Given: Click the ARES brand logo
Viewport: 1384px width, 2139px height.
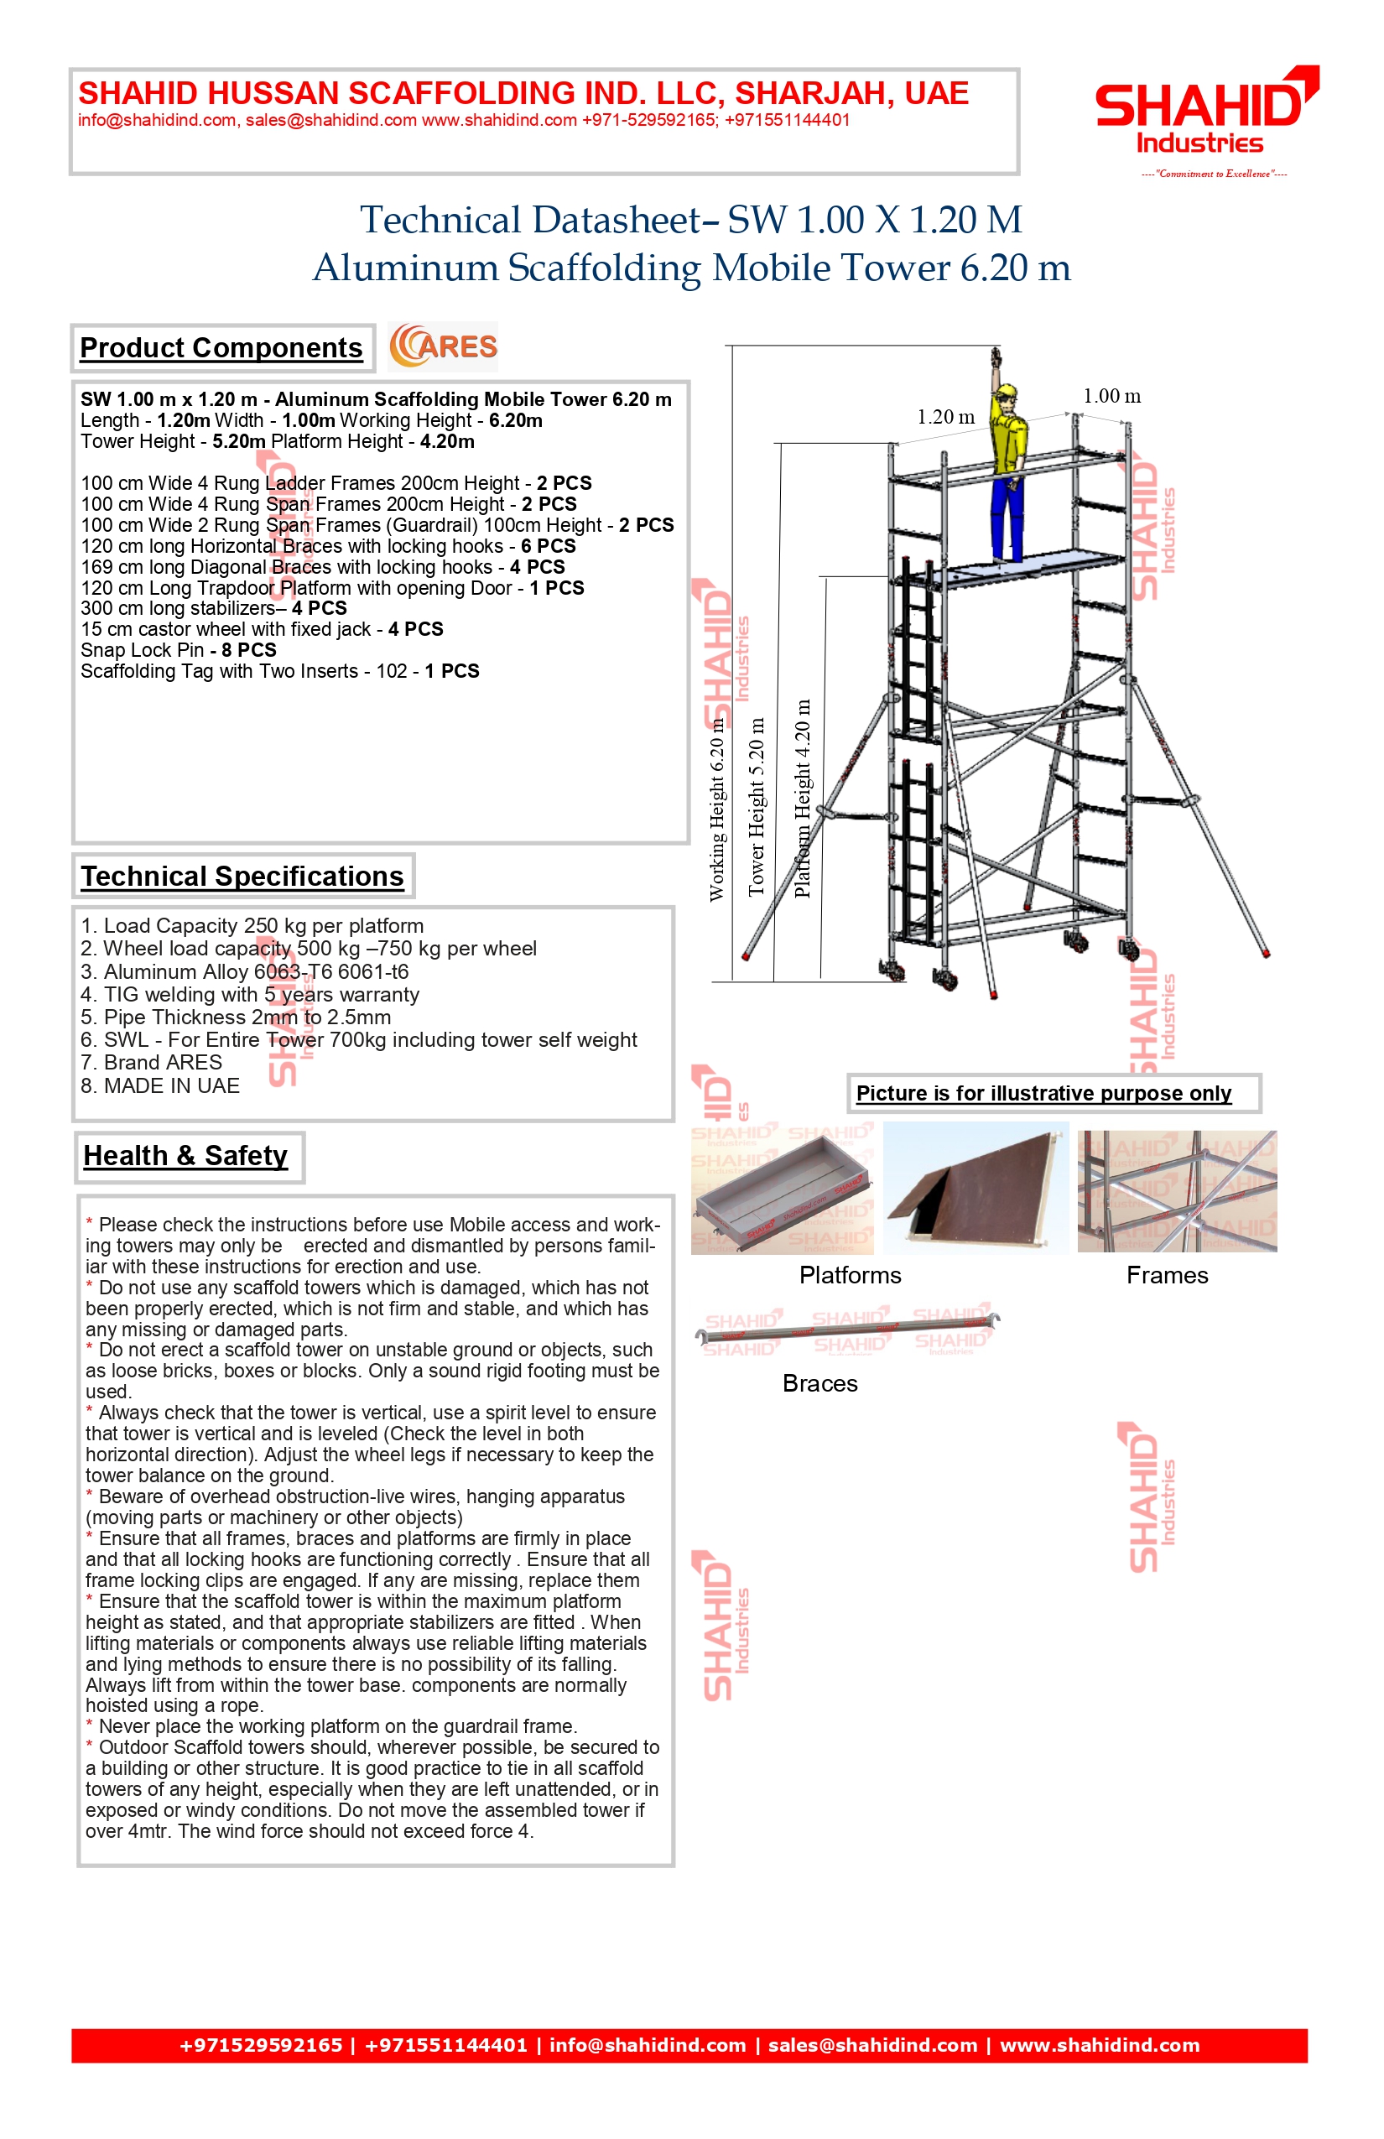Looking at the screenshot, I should tap(443, 347).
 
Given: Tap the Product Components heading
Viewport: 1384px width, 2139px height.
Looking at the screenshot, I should tap(221, 348).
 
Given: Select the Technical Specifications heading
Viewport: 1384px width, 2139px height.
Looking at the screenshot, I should tap(242, 877).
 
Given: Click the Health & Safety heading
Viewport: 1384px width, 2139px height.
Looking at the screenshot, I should tap(186, 1156).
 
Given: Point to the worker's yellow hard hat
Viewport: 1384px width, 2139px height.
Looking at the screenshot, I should tap(1007, 392).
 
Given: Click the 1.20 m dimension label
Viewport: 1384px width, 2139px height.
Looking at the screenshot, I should tap(945, 417).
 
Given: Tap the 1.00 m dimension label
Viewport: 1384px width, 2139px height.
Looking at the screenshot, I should tap(1111, 396).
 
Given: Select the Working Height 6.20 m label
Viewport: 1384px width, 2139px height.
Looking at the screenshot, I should tap(716, 809).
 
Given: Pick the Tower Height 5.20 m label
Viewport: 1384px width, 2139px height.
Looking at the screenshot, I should tap(757, 806).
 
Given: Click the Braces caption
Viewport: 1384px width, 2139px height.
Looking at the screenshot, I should tap(819, 1383).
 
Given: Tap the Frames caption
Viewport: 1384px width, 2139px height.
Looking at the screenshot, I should tap(1168, 1275).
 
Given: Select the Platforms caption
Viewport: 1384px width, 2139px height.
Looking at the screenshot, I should tap(851, 1275).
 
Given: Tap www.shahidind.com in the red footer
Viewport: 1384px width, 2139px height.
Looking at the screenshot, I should tap(1099, 2046).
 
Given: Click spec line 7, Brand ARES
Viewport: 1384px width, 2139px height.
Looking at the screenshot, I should tap(151, 1062).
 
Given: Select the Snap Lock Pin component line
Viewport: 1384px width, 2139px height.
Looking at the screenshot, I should tap(178, 650).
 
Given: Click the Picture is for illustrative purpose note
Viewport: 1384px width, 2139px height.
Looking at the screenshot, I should tap(1043, 1093).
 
